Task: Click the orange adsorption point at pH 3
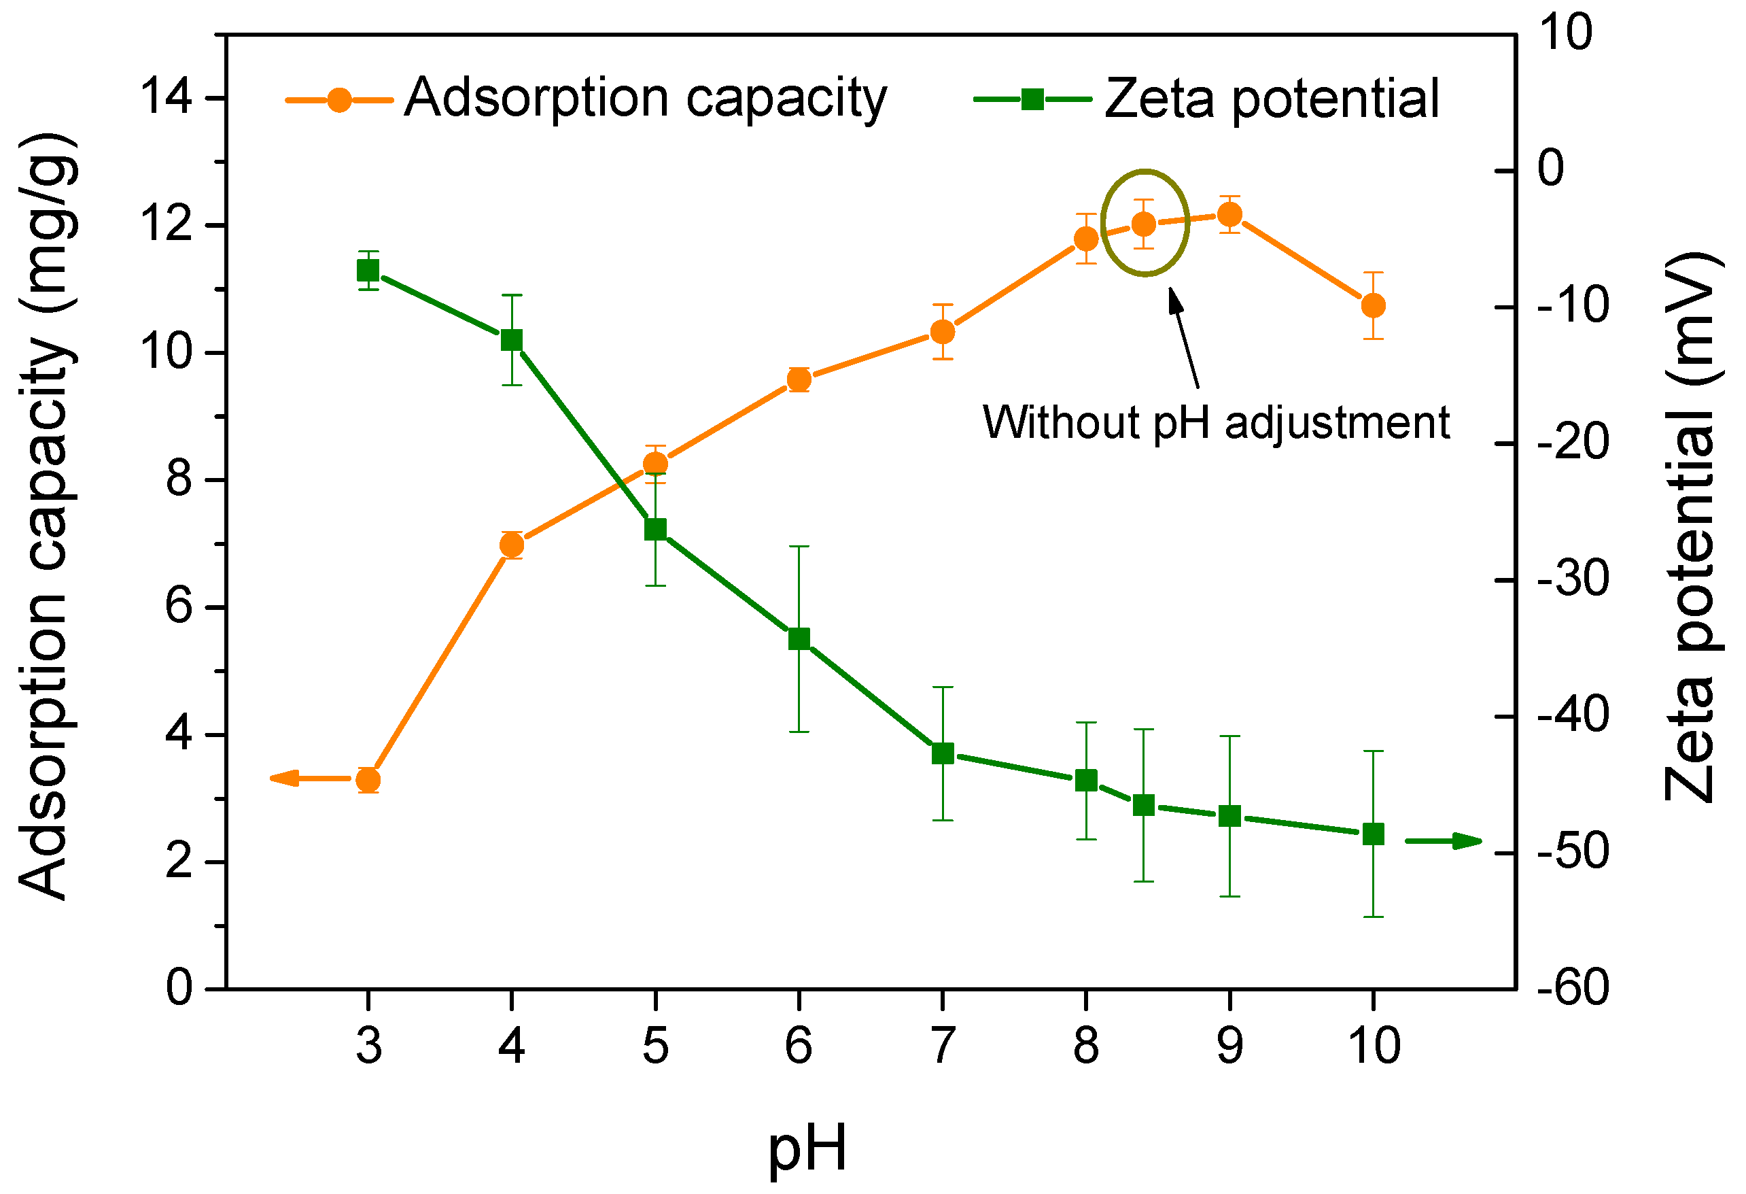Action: pos(368,781)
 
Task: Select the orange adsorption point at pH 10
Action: pos(1374,306)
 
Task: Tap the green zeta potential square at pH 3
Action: pos(368,271)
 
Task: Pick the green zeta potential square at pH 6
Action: pos(799,639)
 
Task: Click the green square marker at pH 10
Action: pos(1374,834)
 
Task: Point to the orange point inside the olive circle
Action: pos(1143,224)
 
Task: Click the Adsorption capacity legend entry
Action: pos(586,99)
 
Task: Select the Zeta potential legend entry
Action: pos(1210,99)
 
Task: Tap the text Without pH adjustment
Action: pos(1216,423)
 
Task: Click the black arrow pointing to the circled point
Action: pos(1183,338)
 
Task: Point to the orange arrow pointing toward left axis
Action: pos(300,779)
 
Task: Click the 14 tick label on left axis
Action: pos(166,98)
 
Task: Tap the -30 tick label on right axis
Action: pos(1573,579)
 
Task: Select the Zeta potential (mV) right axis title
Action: pos(1694,526)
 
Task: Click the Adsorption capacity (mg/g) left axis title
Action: pos(47,519)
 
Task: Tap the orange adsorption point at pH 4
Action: pos(512,545)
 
